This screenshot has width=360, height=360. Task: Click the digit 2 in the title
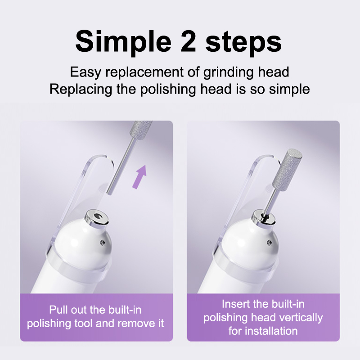point(188,42)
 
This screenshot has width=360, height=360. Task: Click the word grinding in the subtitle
point(229,72)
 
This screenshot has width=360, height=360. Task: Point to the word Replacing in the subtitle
point(81,89)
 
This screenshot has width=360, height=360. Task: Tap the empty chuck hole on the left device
point(98,216)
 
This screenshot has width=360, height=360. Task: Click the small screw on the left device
point(103,242)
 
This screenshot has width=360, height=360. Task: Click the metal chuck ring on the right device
point(263,219)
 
